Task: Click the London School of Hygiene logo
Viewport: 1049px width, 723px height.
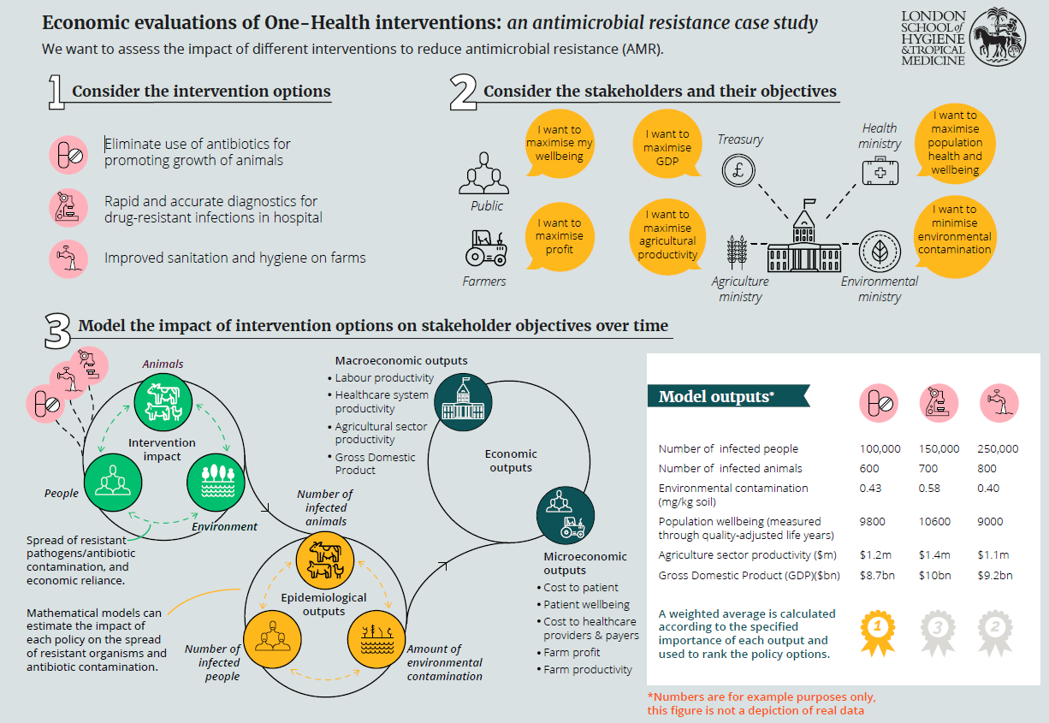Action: (963, 38)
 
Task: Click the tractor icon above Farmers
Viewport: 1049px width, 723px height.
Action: (485, 248)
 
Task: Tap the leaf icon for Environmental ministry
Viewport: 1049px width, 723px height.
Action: (879, 251)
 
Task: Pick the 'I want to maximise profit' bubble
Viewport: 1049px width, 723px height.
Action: (560, 236)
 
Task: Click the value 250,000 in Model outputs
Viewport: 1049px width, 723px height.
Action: (998, 448)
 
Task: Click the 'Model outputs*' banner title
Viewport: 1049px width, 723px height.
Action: (716, 397)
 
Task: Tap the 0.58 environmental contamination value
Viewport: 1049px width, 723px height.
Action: (930, 488)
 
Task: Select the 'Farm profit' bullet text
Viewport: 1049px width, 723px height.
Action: (572, 652)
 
